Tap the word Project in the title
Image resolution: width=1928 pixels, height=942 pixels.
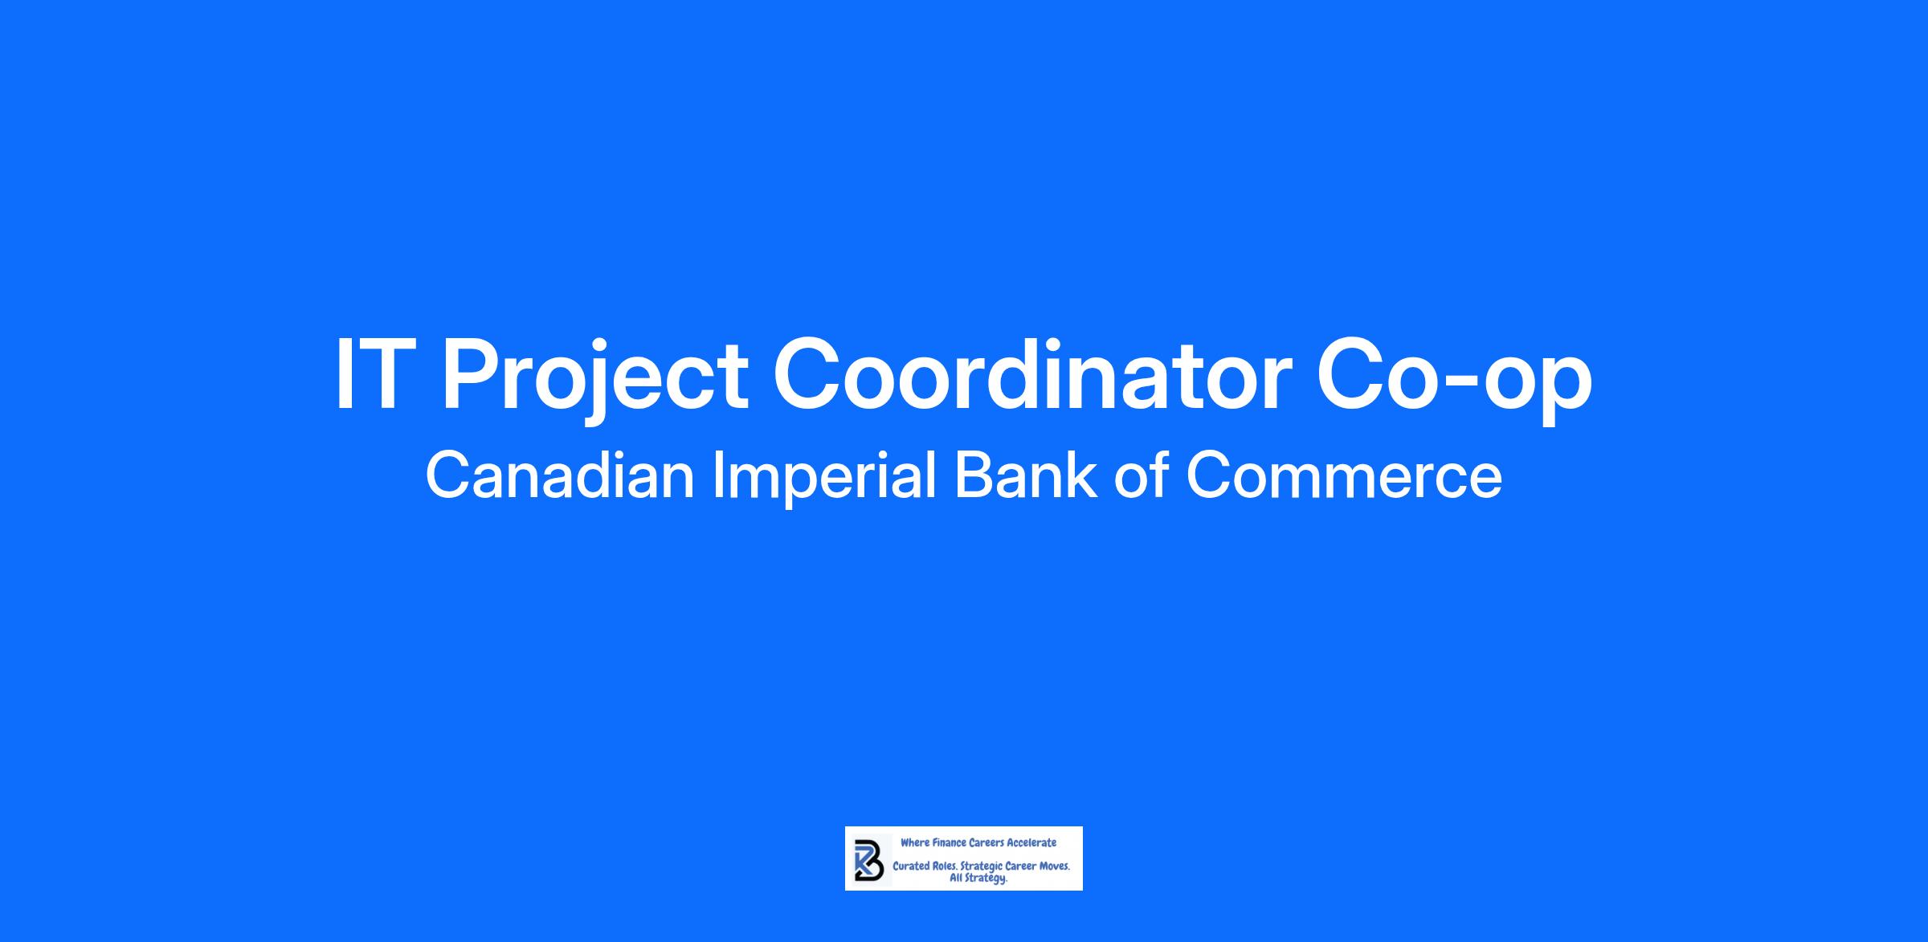pos(594,381)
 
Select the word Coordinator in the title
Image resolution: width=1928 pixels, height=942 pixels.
pos(1032,374)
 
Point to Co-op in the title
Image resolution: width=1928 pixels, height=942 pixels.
pos(1453,381)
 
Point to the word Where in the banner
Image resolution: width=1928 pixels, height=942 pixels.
pos(915,842)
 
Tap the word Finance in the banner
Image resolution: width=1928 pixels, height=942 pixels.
pos(950,842)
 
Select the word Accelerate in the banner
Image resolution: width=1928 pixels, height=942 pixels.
pos(1032,842)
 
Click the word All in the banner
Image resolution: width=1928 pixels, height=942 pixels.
pos(957,878)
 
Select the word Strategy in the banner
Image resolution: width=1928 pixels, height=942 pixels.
pos(986,879)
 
